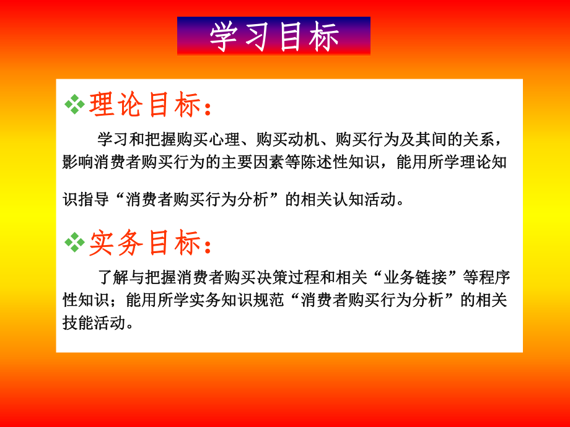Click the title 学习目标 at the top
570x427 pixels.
click(274, 37)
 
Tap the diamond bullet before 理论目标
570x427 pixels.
click(74, 105)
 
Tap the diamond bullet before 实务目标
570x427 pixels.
click(74, 243)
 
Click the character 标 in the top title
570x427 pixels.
click(324, 37)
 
